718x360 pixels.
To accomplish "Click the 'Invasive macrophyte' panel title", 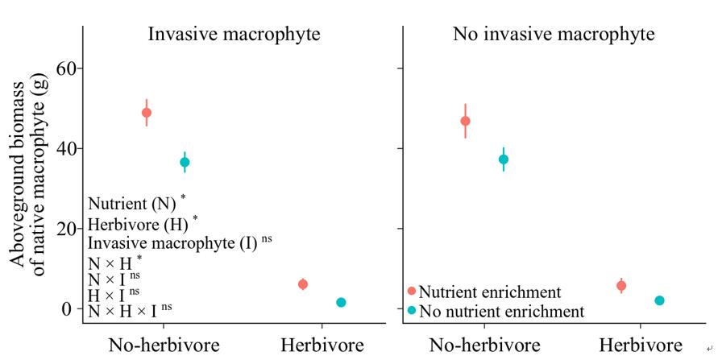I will click(234, 35).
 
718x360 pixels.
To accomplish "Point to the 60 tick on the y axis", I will click(64, 68).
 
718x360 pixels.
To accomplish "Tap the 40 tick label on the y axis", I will click(64, 149).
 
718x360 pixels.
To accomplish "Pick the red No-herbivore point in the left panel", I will click(146, 113).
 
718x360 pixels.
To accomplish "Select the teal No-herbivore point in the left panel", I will click(185, 162).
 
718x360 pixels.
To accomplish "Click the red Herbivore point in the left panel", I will click(303, 284).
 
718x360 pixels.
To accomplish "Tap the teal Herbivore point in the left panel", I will click(341, 302).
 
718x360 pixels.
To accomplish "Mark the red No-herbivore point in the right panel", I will click(465, 121).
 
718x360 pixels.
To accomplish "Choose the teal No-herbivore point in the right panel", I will click(504, 159).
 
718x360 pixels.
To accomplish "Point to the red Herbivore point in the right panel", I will click(621, 286).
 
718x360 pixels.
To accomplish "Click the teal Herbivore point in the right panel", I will click(659, 300).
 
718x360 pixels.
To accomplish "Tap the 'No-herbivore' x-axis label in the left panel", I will click(164, 346).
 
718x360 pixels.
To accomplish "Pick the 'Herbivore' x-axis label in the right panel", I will click(640, 346).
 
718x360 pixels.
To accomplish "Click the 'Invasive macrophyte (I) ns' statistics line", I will click(179, 242).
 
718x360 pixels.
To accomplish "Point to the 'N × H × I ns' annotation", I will click(129, 310).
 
